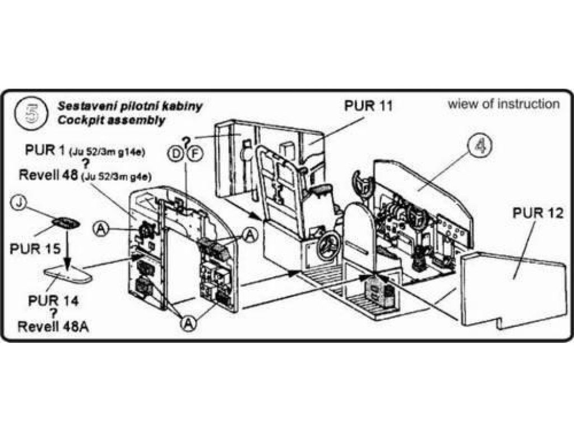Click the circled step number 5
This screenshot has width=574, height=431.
pyautogui.click(x=30, y=111)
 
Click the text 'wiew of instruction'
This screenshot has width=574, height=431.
pyautogui.click(x=503, y=104)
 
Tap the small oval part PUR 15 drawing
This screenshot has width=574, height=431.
pyautogui.click(x=66, y=222)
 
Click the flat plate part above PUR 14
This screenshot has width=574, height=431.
pyautogui.click(x=68, y=273)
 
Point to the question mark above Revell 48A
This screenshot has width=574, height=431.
pyautogui.click(x=54, y=314)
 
